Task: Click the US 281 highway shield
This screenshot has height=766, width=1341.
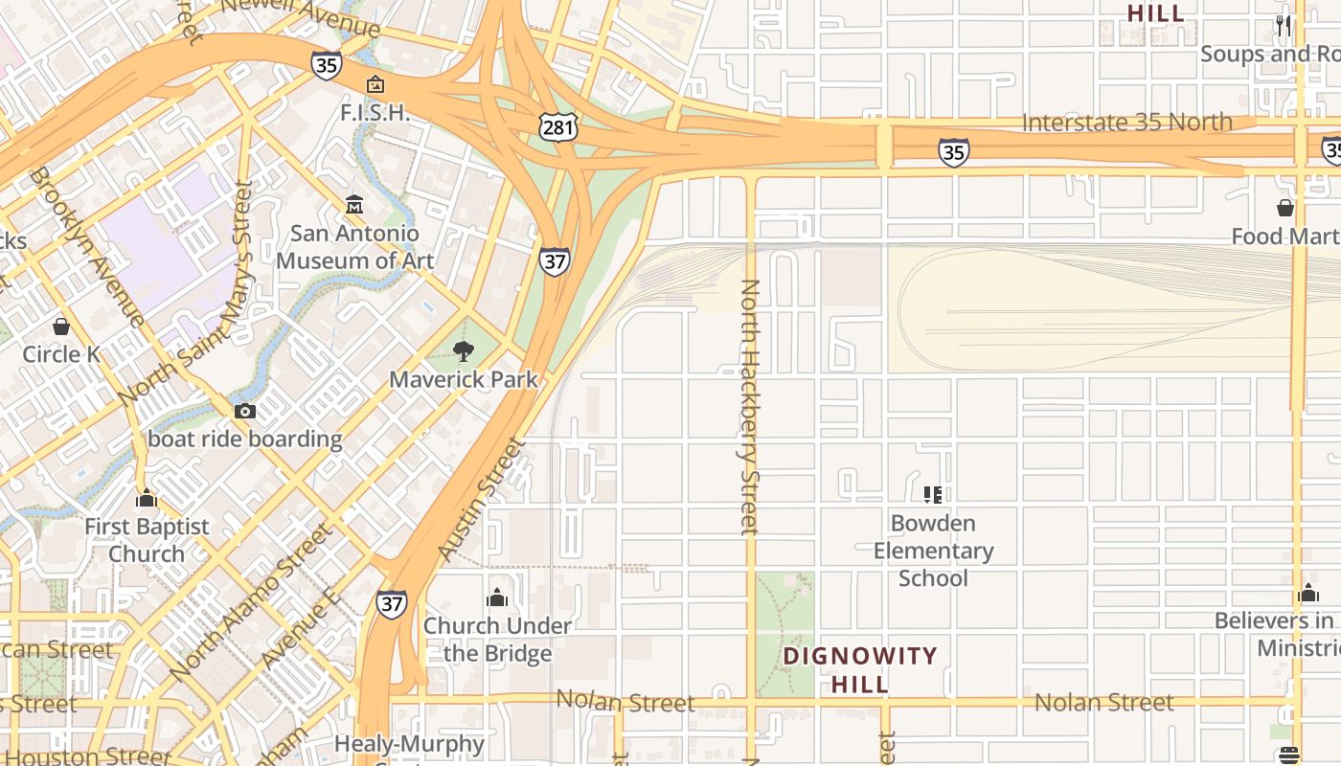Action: [x=557, y=125]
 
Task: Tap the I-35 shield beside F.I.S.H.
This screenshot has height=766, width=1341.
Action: [x=327, y=65]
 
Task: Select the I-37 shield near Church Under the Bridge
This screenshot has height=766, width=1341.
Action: [x=391, y=604]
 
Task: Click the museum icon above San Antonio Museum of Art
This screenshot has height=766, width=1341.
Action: [x=354, y=204]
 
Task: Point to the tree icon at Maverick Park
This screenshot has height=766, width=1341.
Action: [x=464, y=351]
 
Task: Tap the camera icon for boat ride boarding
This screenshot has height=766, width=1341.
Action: [x=245, y=411]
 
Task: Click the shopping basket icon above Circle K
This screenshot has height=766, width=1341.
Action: [x=61, y=327]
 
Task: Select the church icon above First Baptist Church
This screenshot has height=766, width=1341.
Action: [x=147, y=498]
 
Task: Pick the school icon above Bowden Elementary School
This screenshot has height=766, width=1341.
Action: [x=933, y=495]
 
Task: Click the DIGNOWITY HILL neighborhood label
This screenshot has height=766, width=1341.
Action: [x=860, y=669]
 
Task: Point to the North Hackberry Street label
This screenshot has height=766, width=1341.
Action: [x=750, y=406]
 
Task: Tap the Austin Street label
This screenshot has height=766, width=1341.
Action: [x=482, y=499]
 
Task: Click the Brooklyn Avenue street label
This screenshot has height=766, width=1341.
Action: [x=85, y=246]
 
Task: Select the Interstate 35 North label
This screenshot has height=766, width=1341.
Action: [x=1126, y=123]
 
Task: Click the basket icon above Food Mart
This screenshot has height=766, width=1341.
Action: [x=1285, y=208]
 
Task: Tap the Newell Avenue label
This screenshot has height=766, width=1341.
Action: [x=301, y=15]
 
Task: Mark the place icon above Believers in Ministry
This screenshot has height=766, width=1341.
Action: [x=1308, y=593]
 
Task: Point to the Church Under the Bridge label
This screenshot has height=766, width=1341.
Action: [x=497, y=639]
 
